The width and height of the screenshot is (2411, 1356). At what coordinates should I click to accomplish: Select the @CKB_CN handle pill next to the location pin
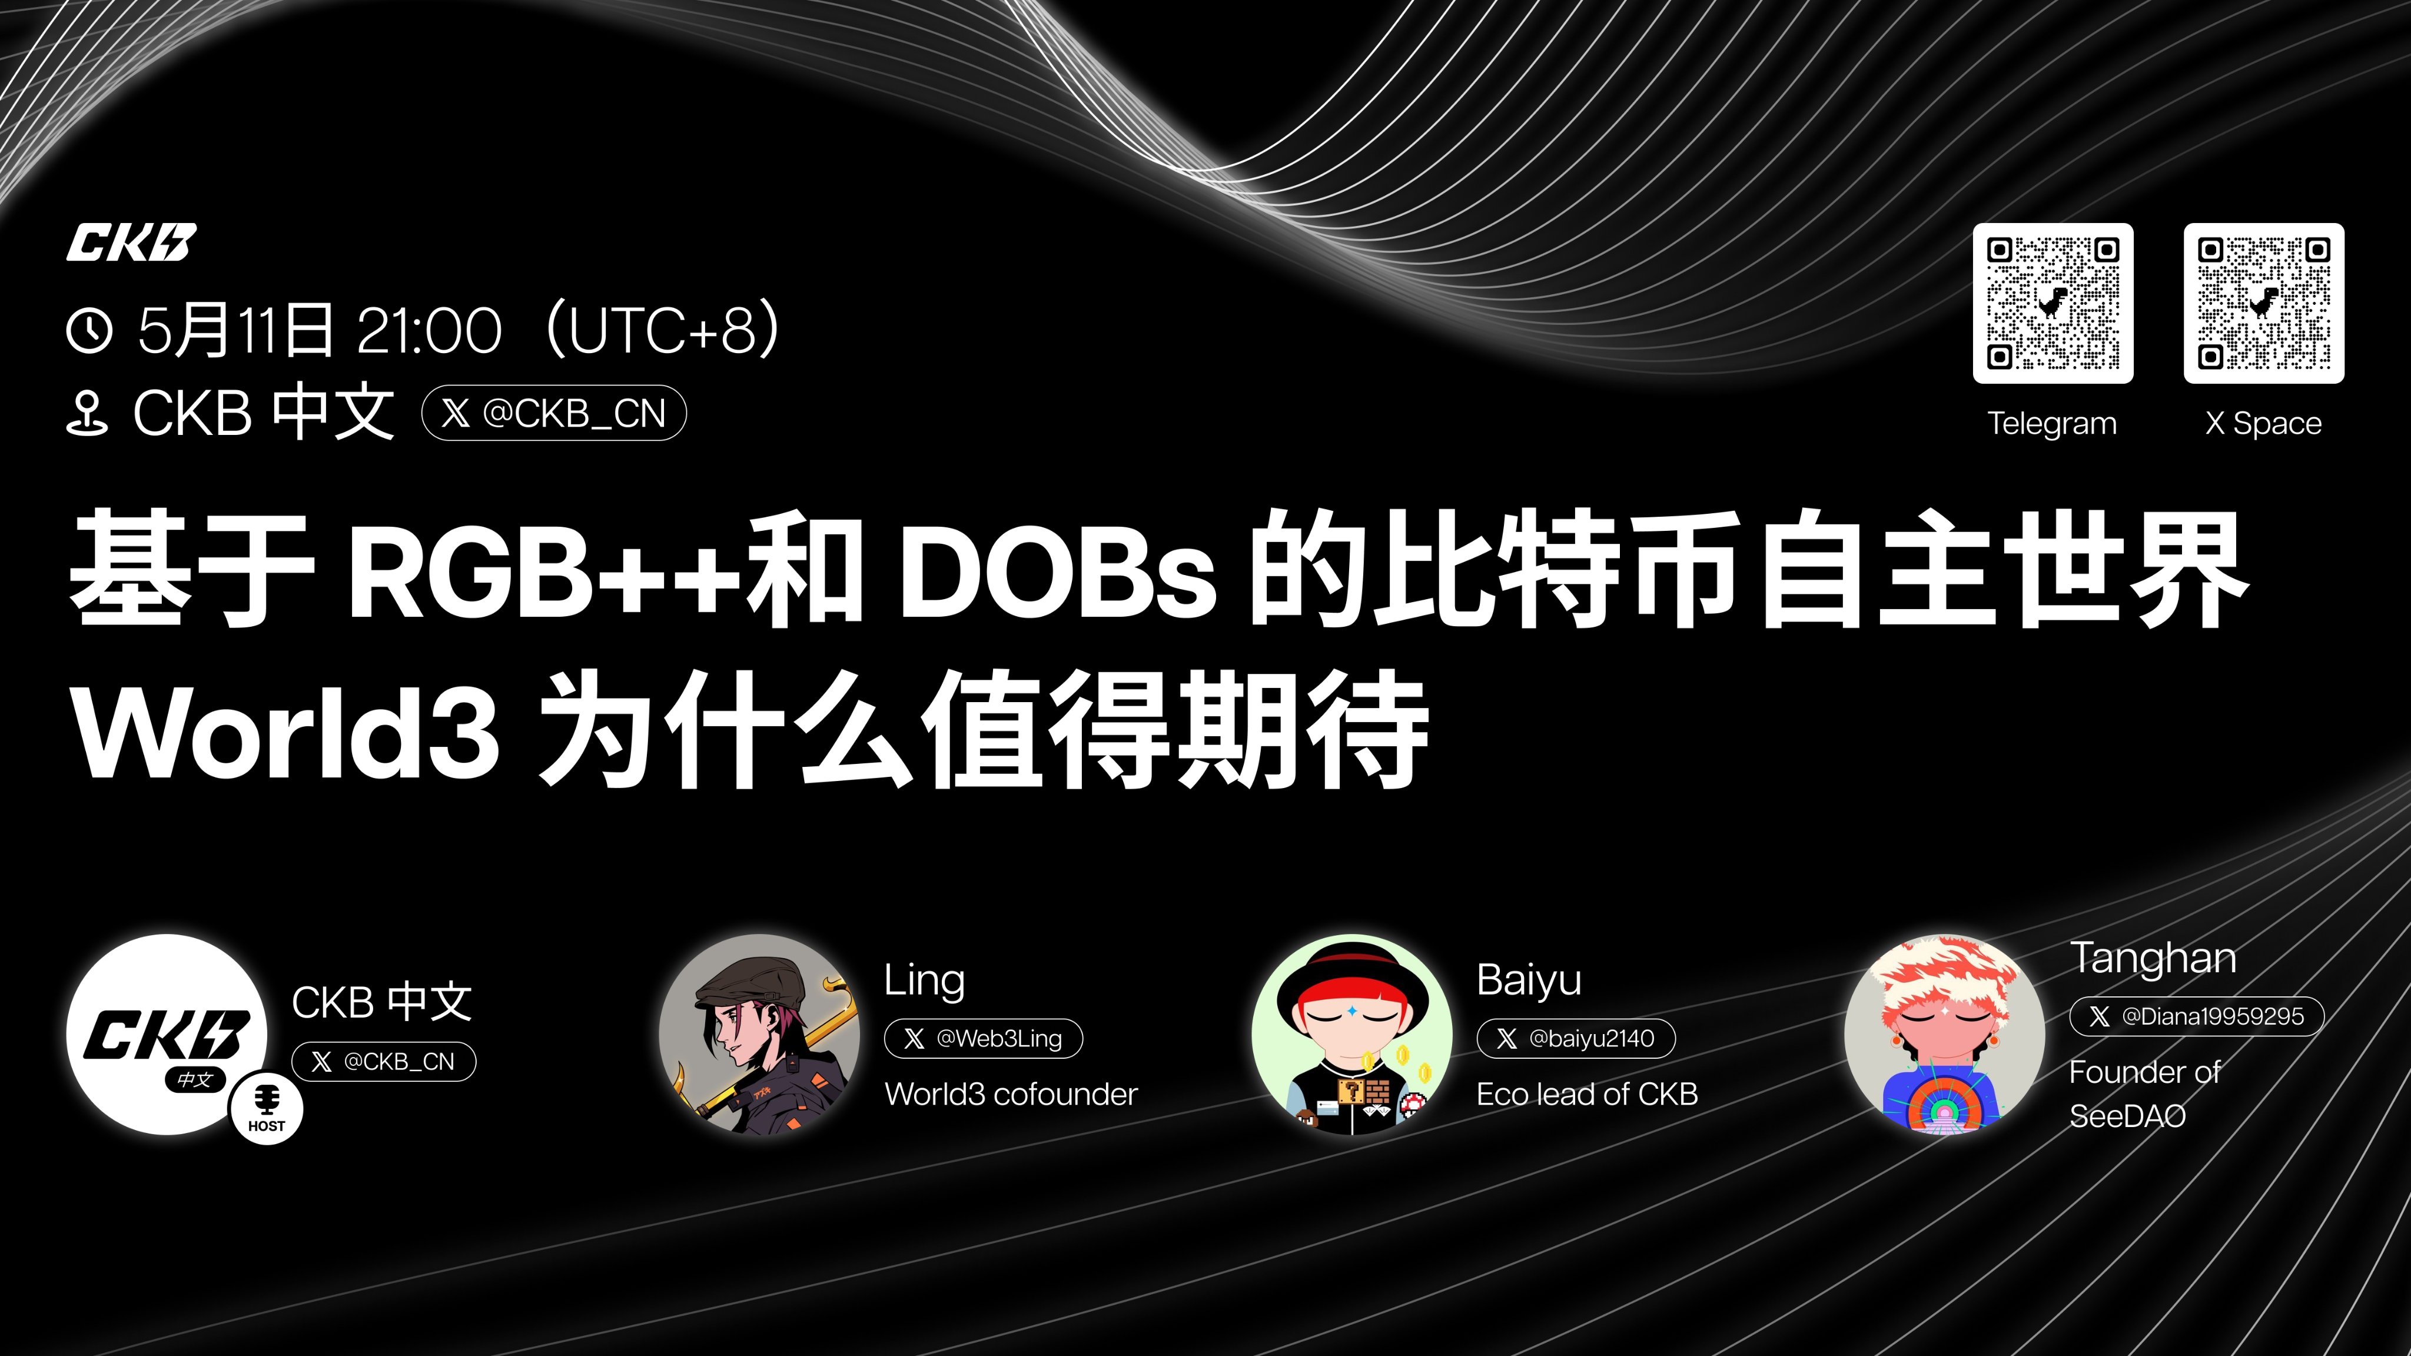pyautogui.click(x=554, y=413)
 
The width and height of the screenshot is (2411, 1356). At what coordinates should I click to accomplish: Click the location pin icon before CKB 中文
pyautogui.click(x=88, y=414)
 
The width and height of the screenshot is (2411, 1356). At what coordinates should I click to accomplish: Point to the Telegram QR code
pyautogui.click(x=2053, y=303)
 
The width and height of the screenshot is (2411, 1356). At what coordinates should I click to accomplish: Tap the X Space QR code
pyautogui.click(x=2264, y=303)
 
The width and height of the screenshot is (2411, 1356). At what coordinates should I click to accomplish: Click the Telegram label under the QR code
pyautogui.click(x=2053, y=423)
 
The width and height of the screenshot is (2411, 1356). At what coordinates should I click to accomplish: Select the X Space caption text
pyautogui.click(x=2264, y=423)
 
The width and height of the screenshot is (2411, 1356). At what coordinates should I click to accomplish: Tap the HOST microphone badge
pyautogui.click(x=267, y=1108)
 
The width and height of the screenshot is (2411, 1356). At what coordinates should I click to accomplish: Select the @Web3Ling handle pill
pyautogui.click(x=984, y=1039)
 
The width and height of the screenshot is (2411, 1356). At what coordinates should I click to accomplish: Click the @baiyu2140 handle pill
pyautogui.click(x=1576, y=1039)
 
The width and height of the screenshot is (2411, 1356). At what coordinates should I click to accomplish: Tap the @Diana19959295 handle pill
pyautogui.click(x=2197, y=1016)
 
